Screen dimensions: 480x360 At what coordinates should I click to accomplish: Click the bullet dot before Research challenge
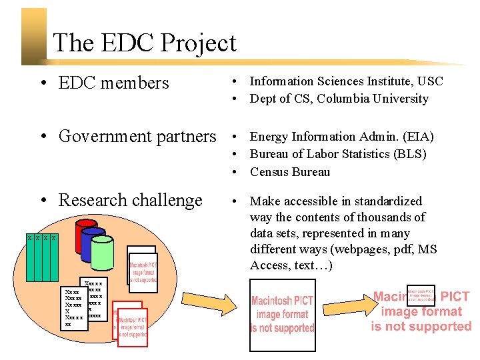pos(42,201)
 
